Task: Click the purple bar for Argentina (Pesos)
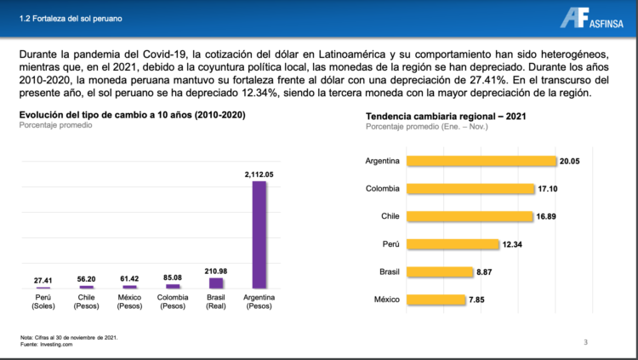(259, 235)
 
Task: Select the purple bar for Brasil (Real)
(216, 283)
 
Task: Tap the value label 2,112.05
(259, 174)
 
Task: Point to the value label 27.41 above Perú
(43, 280)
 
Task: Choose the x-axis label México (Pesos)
(129, 301)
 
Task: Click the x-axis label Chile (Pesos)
(86, 301)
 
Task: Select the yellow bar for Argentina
(481, 161)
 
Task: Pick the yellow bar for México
(436, 300)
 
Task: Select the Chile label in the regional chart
(390, 216)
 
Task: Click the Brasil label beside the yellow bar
(387, 272)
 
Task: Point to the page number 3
(585, 342)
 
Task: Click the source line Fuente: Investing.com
(46, 345)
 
